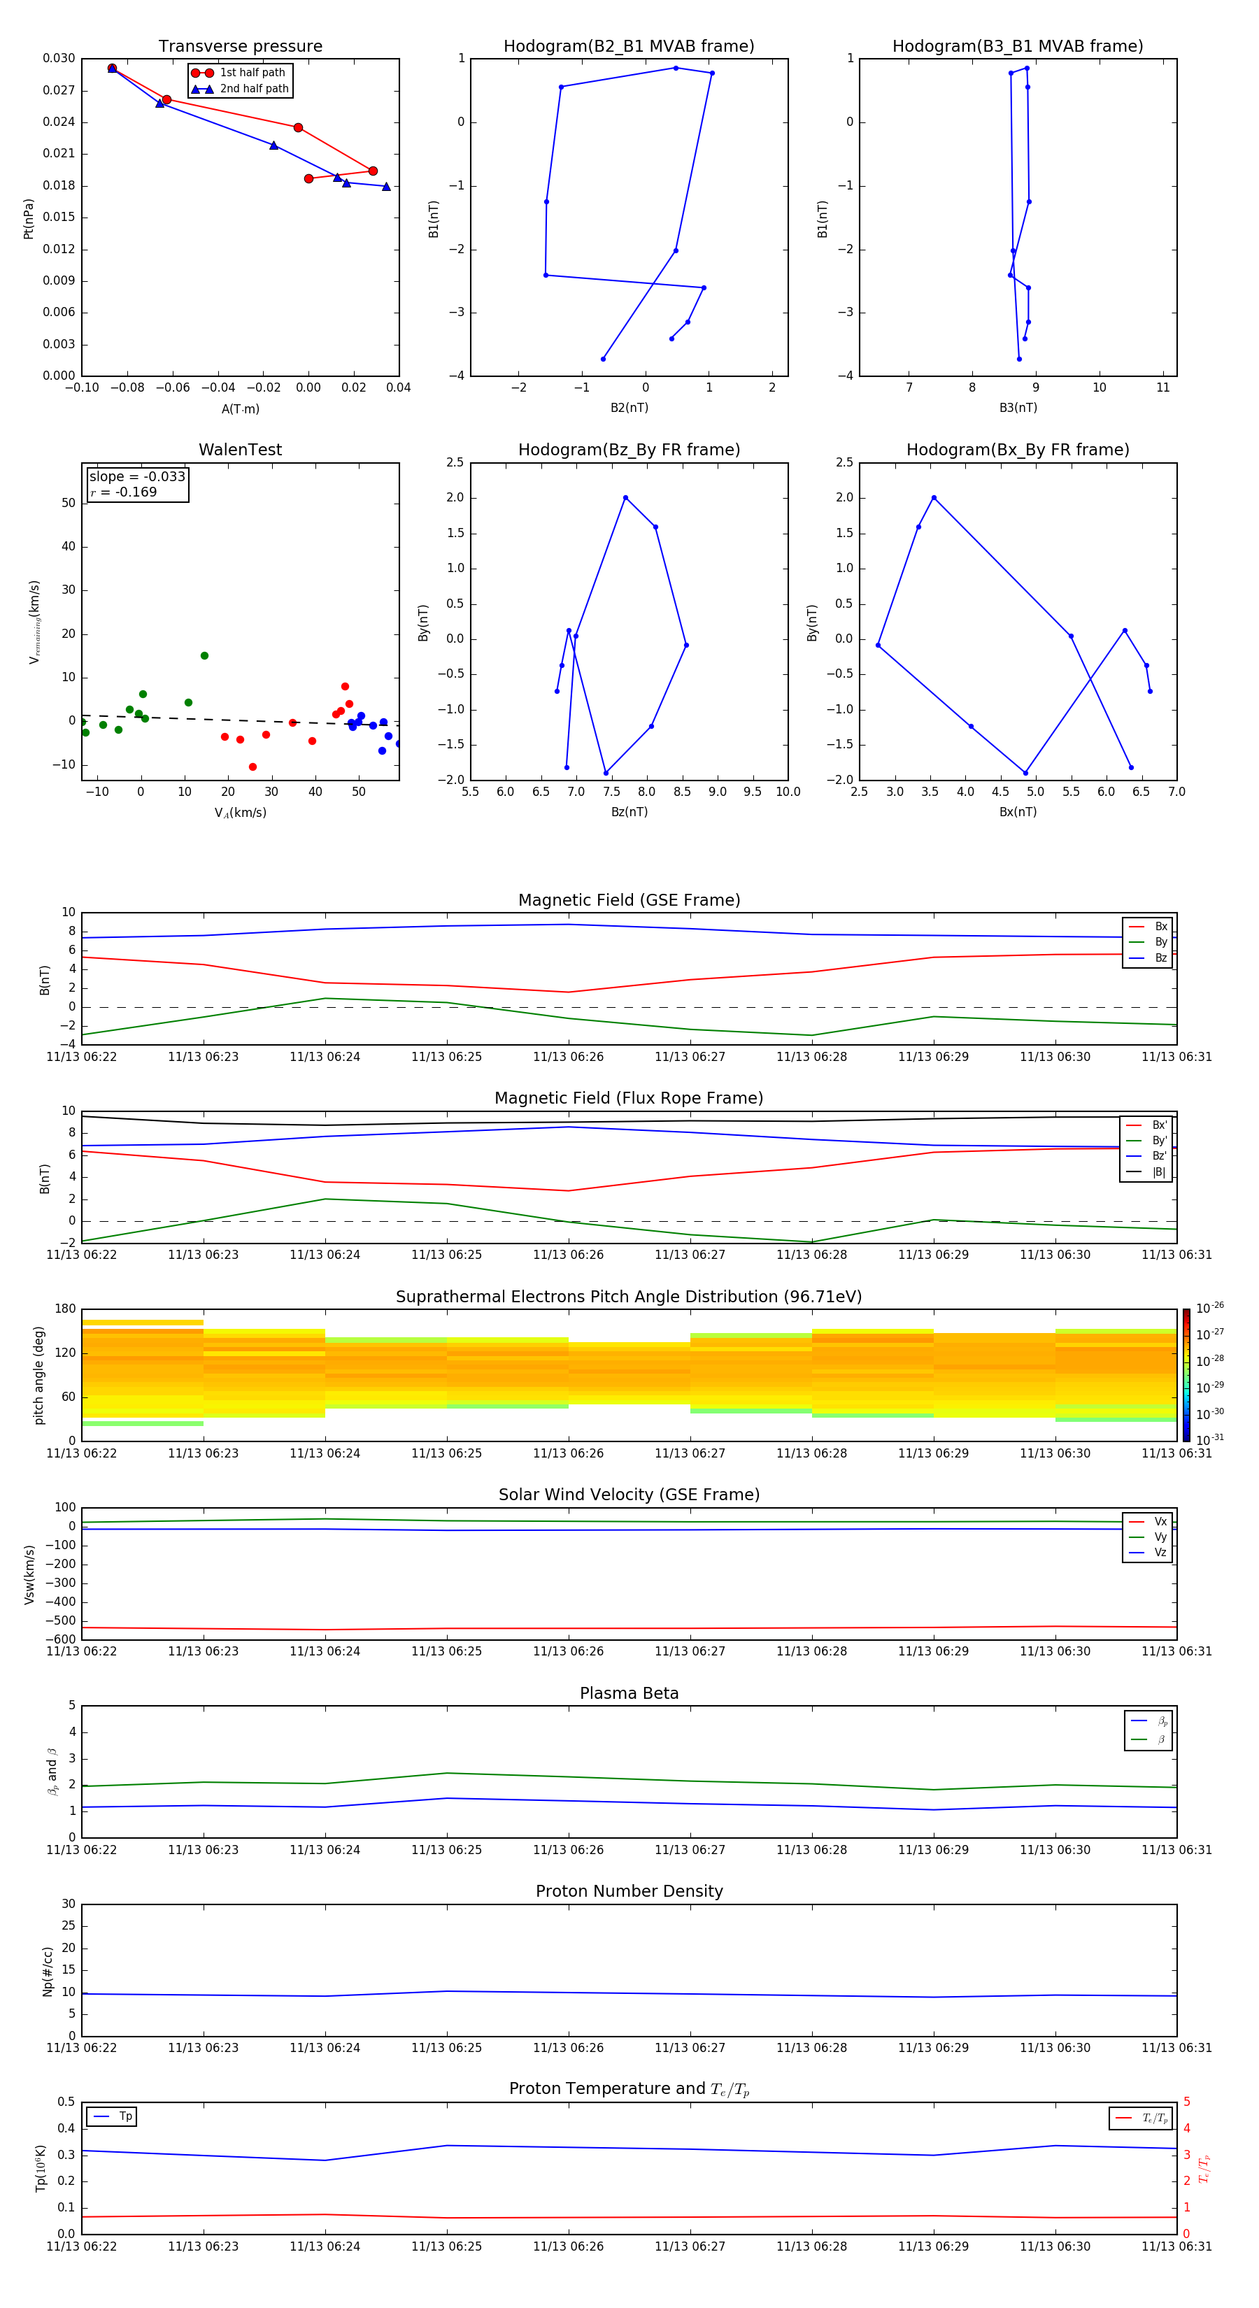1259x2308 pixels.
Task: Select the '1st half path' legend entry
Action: (x=252, y=73)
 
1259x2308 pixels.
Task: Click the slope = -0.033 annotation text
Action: (x=137, y=477)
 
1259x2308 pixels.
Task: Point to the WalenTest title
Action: (x=240, y=450)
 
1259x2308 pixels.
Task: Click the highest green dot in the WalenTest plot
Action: (x=204, y=656)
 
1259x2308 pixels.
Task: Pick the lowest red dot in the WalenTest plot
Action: (x=252, y=767)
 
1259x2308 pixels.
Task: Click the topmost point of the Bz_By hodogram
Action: (x=625, y=498)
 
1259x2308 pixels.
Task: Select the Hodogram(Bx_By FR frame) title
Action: (x=1017, y=450)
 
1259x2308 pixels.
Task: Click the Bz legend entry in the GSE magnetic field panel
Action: (x=1160, y=957)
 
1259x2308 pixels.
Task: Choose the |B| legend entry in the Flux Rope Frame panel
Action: (x=1158, y=1172)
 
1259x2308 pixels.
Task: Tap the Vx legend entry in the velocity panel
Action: (x=1160, y=1521)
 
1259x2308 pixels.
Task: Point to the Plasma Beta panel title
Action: (x=629, y=1693)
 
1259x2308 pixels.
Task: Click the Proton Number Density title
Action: (x=629, y=1891)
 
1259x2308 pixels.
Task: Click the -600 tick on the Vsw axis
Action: (x=61, y=1639)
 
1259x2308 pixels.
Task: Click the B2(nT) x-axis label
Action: (x=629, y=408)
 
